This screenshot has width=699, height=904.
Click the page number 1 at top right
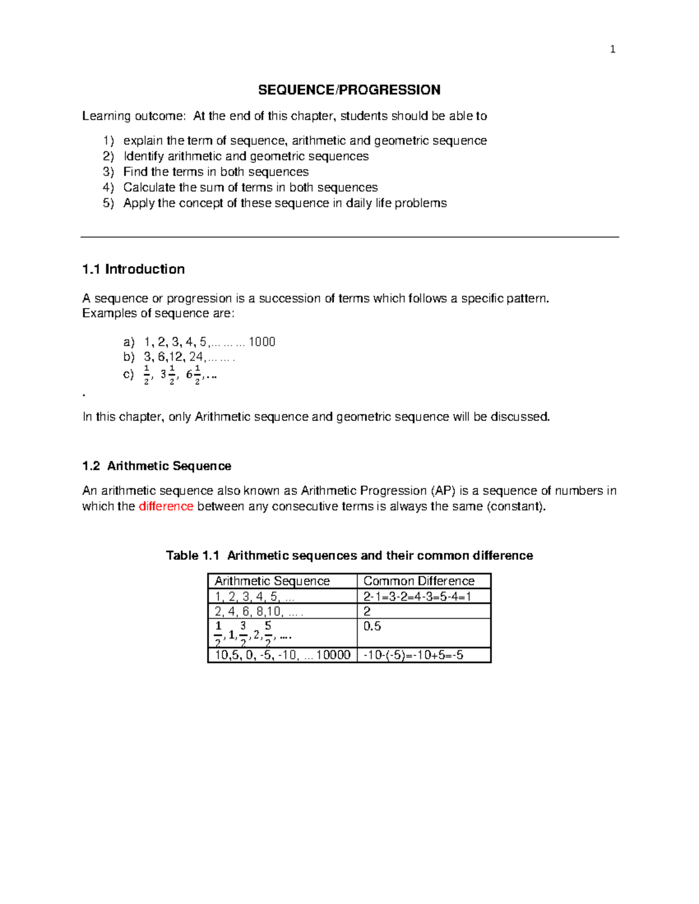click(x=612, y=49)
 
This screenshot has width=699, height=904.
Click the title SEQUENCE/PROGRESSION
click(x=349, y=90)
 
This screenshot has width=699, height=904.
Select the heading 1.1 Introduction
click(x=133, y=269)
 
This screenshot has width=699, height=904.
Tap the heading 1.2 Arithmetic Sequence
click(x=157, y=466)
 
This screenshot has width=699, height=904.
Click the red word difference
click(x=166, y=506)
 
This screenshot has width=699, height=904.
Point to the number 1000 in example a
click(x=262, y=342)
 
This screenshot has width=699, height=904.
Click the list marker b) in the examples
click(x=129, y=357)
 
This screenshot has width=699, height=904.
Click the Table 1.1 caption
click(x=349, y=555)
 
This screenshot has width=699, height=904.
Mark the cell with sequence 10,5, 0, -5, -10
click(x=282, y=655)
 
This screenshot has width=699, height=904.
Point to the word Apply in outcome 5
click(x=139, y=203)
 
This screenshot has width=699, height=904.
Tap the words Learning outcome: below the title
click(x=133, y=116)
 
